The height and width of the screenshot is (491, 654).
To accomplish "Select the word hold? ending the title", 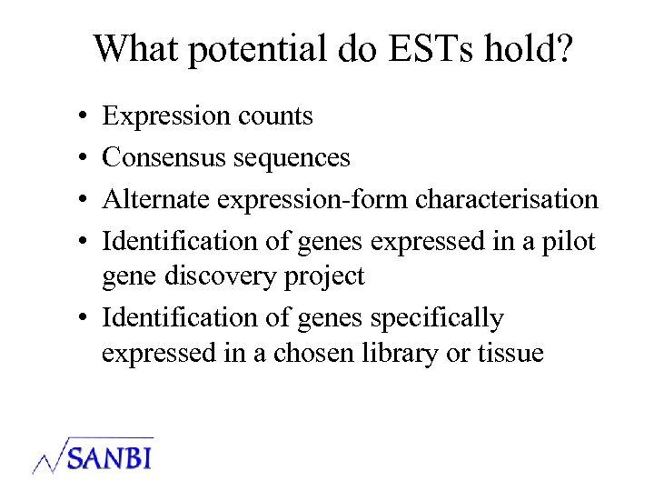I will click(x=529, y=49).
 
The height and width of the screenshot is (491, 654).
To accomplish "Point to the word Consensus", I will click(x=163, y=157).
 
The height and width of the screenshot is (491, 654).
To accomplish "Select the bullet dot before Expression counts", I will click(x=82, y=117).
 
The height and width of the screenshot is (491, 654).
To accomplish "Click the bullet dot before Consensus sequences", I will click(x=82, y=158).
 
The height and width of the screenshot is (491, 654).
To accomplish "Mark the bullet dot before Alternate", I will click(x=82, y=199).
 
